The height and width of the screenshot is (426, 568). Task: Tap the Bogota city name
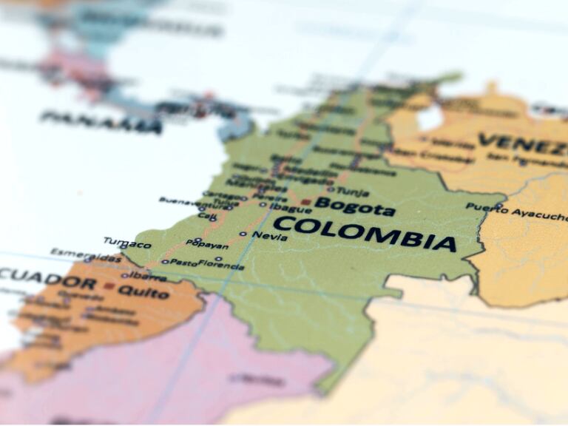(355, 206)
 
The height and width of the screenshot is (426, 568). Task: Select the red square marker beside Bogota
(305, 201)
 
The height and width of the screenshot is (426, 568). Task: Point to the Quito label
(143, 292)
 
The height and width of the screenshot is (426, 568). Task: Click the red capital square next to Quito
(109, 285)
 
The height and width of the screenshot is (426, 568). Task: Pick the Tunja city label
(353, 192)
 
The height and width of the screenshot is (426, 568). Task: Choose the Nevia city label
(270, 236)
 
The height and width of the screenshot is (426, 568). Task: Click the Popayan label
(207, 243)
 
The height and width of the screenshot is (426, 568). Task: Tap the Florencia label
(221, 264)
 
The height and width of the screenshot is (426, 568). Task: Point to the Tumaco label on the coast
(127, 243)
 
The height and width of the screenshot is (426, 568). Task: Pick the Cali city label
(207, 217)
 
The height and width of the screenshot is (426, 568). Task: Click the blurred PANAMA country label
(101, 122)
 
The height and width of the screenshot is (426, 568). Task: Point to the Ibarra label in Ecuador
(145, 276)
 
